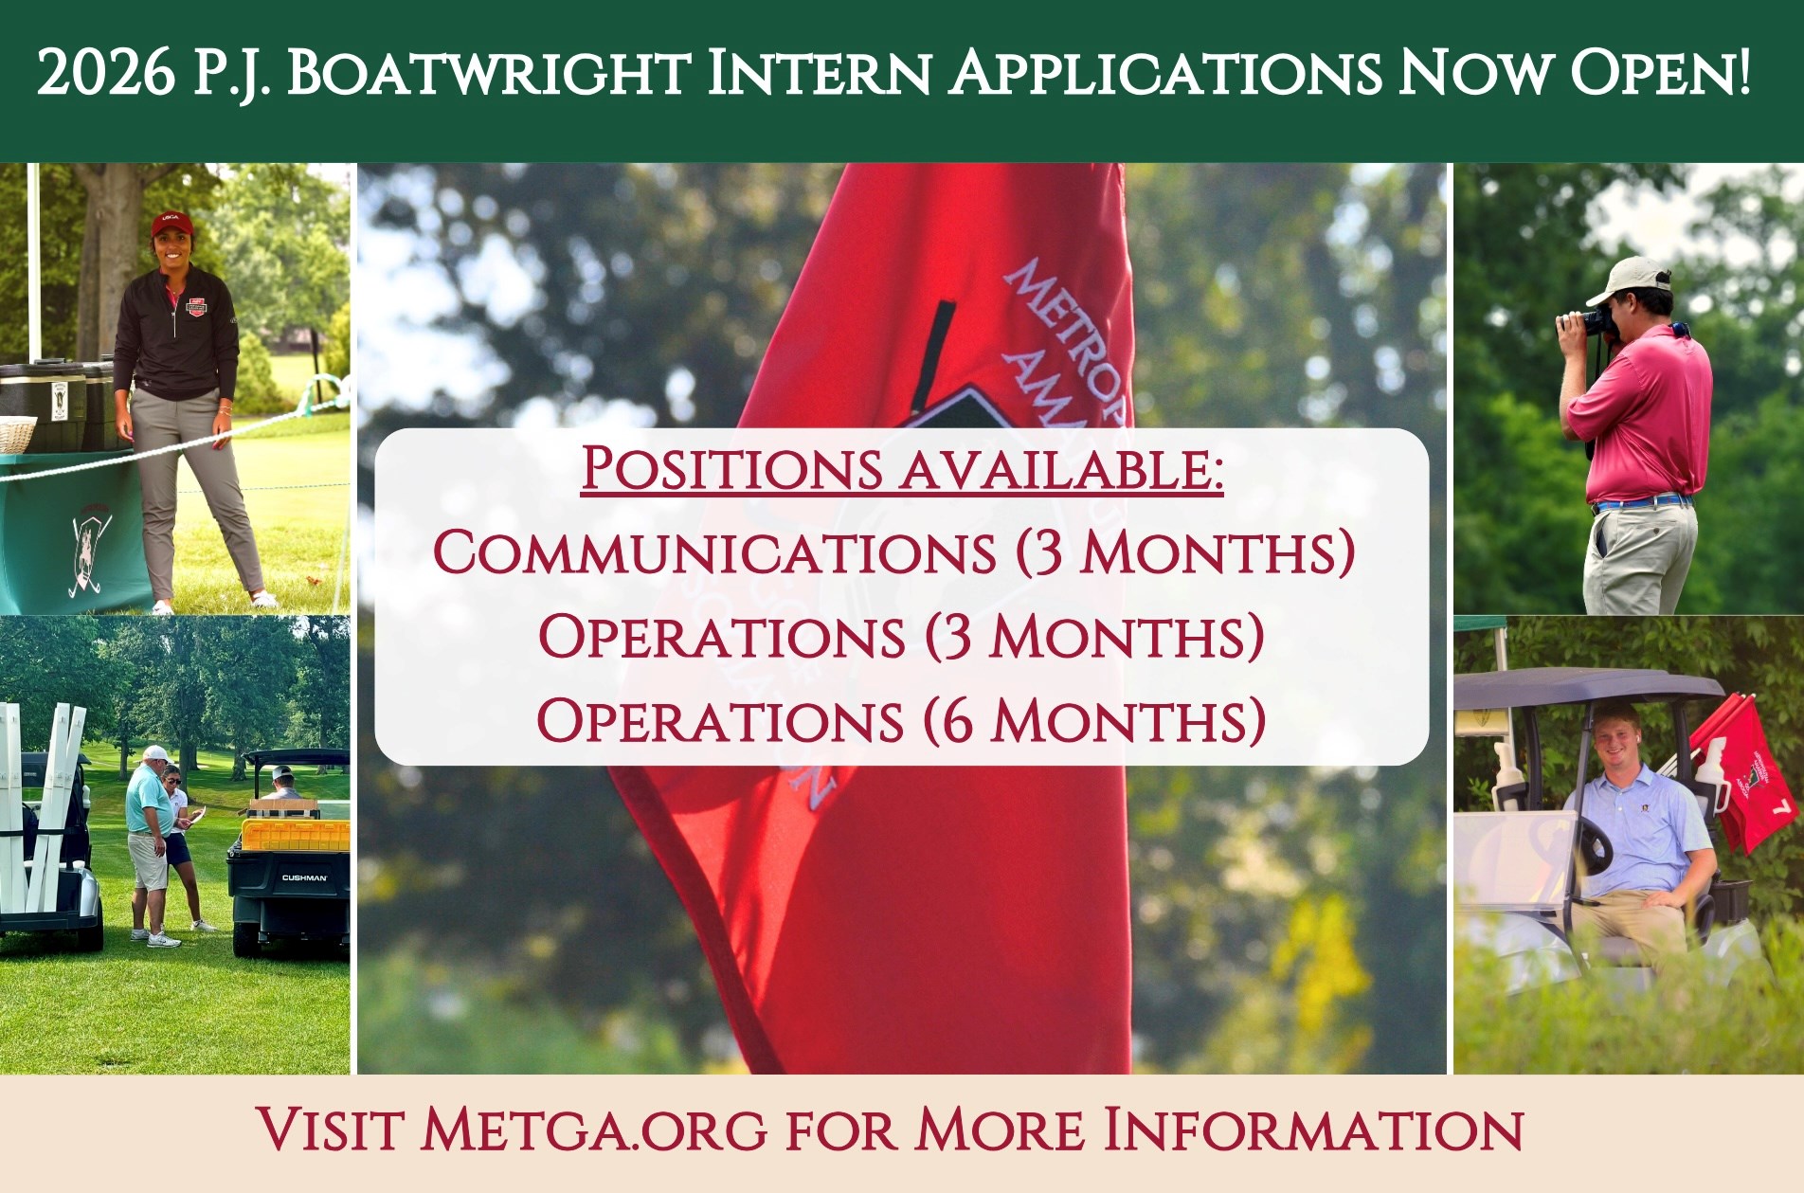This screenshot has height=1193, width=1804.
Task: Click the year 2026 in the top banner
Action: [x=106, y=73]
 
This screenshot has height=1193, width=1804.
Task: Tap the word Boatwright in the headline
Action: [x=487, y=73]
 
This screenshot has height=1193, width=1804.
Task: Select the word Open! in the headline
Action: [x=1660, y=73]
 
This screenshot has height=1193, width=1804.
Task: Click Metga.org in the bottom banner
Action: [x=595, y=1130]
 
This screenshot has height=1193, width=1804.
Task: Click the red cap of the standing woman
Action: [x=171, y=223]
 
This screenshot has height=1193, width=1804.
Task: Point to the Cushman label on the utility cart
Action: [x=304, y=877]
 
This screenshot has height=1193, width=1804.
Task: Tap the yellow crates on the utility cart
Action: [x=296, y=834]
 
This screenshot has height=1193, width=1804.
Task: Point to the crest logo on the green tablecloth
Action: [x=92, y=551]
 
